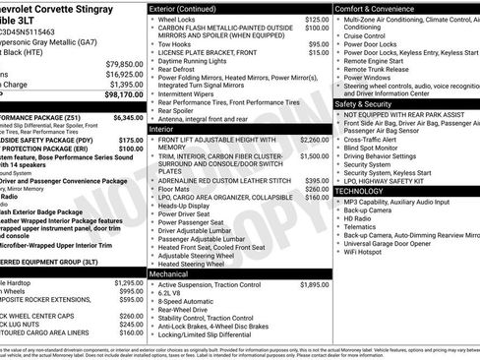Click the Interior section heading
pyautogui.click(x=162, y=129)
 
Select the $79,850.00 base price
pyautogui.click(x=124, y=63)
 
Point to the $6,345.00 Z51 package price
pyautogui.click(x=124, y=117)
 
